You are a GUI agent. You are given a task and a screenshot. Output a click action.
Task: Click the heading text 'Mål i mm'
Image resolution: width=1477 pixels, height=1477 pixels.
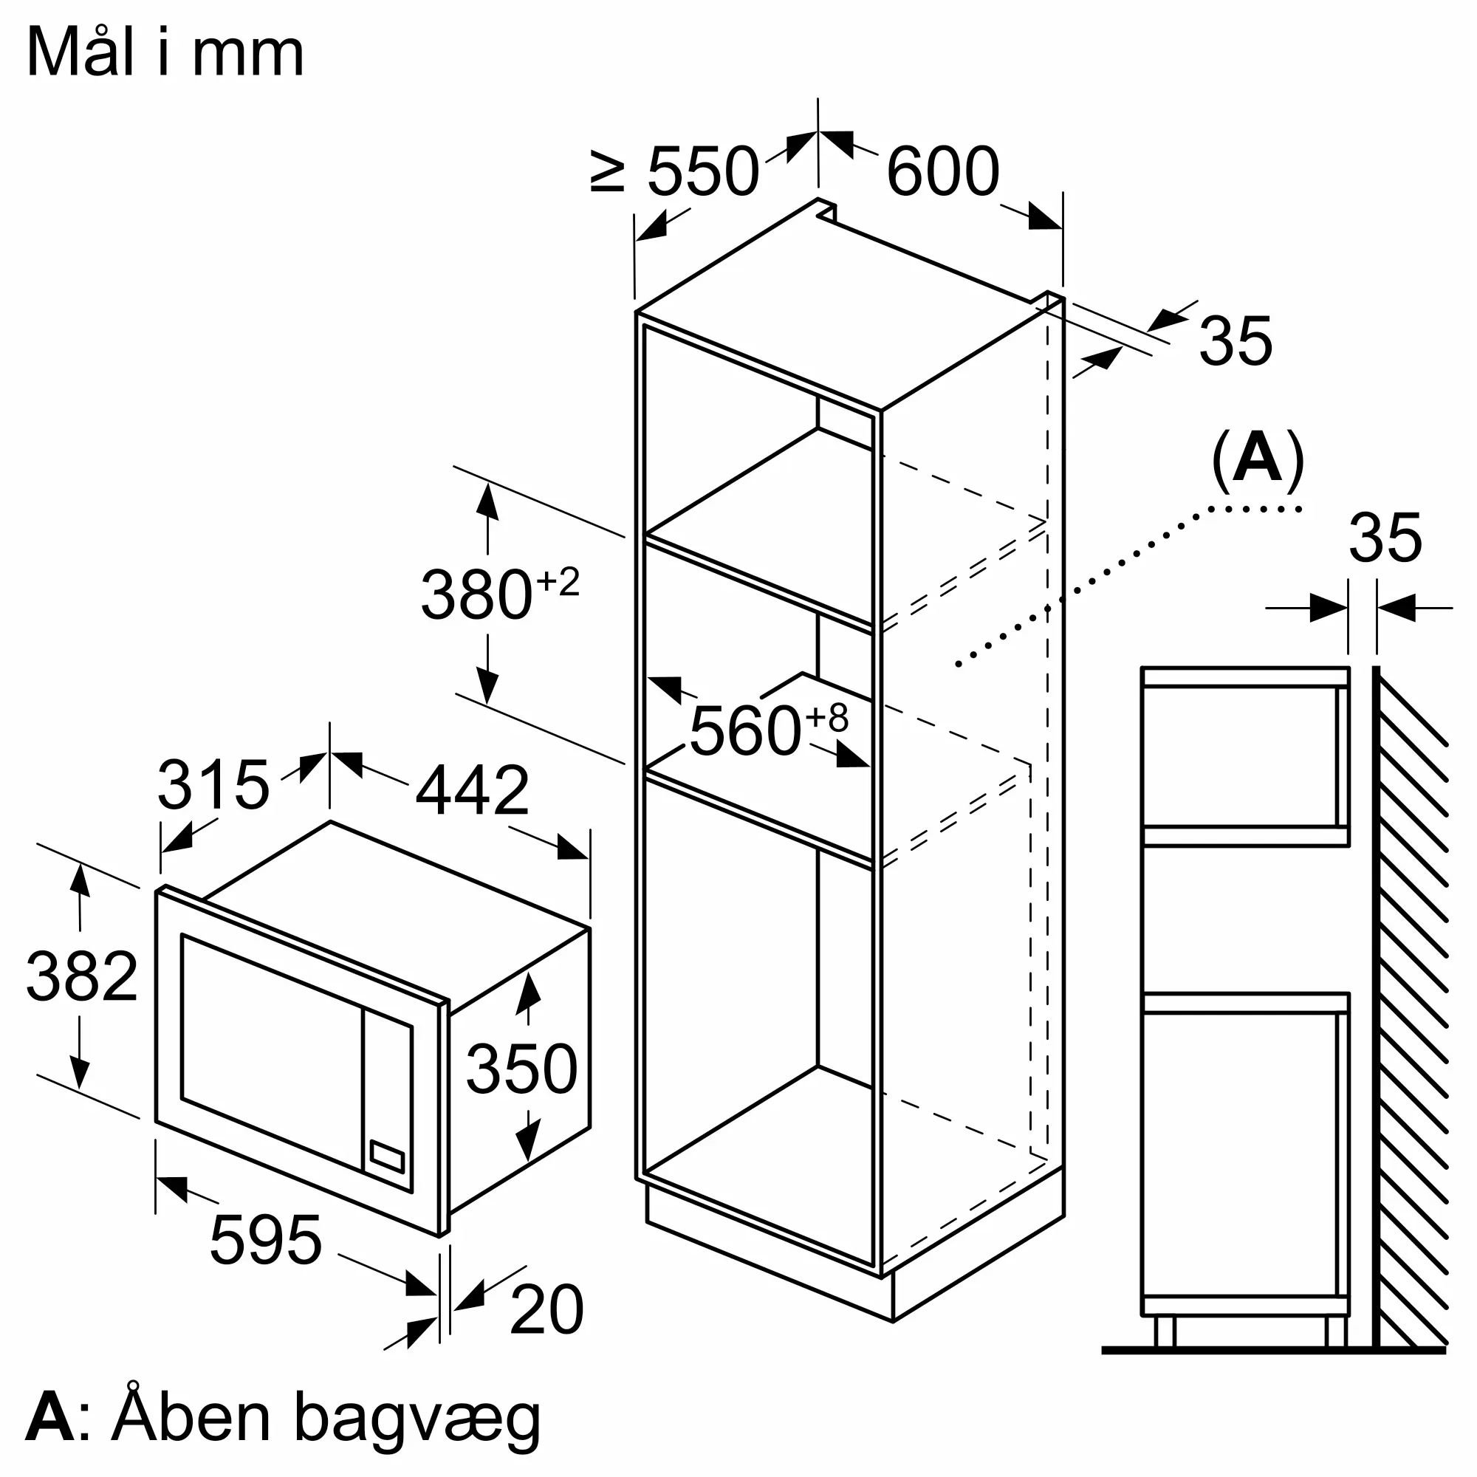coord(165,53)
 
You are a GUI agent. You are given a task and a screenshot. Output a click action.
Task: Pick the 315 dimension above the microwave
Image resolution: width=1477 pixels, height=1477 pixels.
coord(213,785)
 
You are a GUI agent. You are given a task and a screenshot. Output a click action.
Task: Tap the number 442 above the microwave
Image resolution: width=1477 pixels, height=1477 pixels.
coord(472,790)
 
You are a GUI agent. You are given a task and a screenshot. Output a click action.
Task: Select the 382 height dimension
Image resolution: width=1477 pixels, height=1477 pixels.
coord(82,976)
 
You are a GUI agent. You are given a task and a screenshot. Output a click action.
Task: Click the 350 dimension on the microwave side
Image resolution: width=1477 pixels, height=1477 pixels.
coord(521,1069)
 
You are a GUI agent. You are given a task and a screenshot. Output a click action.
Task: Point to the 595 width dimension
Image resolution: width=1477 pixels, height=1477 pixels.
coord(265,1240)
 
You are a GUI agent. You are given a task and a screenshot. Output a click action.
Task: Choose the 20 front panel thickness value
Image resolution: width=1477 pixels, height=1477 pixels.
coord(546,1310)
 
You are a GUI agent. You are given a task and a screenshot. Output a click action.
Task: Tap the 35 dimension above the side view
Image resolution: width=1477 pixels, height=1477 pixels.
coord(1385,539)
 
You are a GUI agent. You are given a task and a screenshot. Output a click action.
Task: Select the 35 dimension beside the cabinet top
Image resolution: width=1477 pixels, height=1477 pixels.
coord(1236,340)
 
